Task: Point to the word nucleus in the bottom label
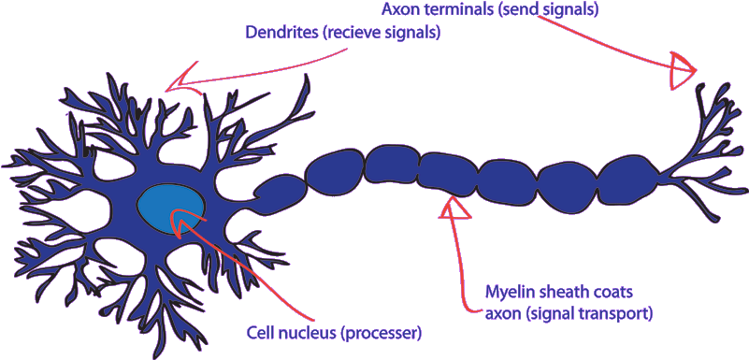(x=308, y=332)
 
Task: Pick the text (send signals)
(x=553, y=9)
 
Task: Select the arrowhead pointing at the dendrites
(x=182, y=79)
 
